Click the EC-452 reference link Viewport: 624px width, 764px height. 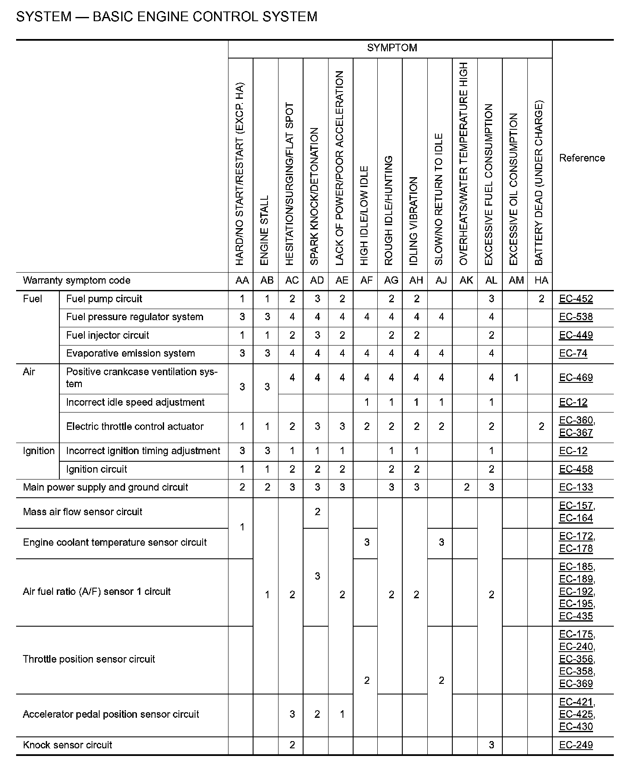(576, 299)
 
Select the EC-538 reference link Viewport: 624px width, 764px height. (576, 317)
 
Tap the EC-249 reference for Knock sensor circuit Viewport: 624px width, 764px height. (576, 745)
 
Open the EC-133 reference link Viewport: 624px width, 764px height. (576, 488)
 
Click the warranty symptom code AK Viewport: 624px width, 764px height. (466, 281)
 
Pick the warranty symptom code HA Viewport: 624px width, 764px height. (541, 281)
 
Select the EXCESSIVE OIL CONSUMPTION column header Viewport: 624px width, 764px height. (514, 189)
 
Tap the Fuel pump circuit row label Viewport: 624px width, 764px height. (104, 299)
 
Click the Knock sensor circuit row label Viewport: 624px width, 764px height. (67, 745)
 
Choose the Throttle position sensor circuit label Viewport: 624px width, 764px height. (89, 659)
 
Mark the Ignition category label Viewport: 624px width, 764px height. (39, 451)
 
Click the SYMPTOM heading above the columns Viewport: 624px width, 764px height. (392, 48)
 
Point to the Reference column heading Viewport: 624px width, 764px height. (582, 158)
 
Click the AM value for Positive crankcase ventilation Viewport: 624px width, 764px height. (516, 378)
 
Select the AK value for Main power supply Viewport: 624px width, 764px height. (466, 488)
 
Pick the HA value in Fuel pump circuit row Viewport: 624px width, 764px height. (541, 299)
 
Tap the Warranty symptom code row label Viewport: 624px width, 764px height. (76, 281)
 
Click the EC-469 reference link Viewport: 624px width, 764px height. (576, 378)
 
